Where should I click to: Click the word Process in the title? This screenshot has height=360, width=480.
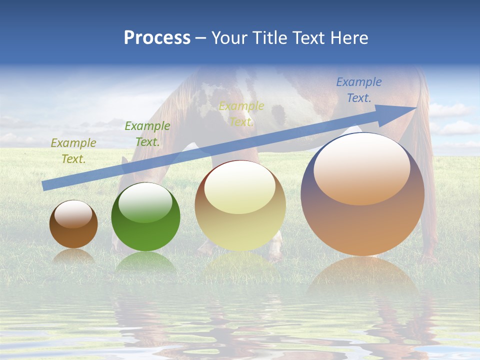pyautogui.click(x=157, y=38)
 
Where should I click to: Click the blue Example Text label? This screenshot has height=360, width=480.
pyautogui.click(x=359, y=90)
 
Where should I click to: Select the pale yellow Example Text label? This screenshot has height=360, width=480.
pyautogui.click(x=241, y=114)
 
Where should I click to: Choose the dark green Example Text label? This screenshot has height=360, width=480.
pyautogui.click(x=147, y=134)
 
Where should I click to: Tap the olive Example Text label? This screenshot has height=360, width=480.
pyautogui.click(x=73, y=151)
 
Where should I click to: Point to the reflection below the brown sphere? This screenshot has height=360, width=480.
pyautogui.click(x=73, y=257)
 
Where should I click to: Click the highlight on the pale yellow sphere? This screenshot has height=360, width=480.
pyautogui.click(x=240, y=187)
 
